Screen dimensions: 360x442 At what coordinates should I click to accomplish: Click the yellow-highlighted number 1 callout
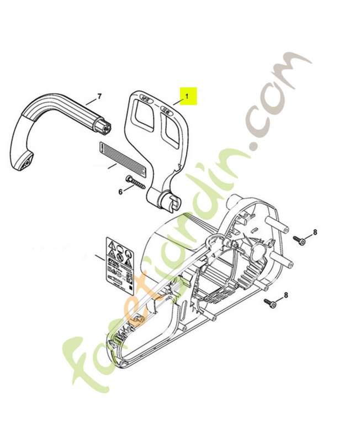(x=187, y=96)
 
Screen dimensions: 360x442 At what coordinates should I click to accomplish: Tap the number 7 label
(x=99, y=97)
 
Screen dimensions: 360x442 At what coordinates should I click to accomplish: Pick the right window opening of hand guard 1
(x=172, y=133)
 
